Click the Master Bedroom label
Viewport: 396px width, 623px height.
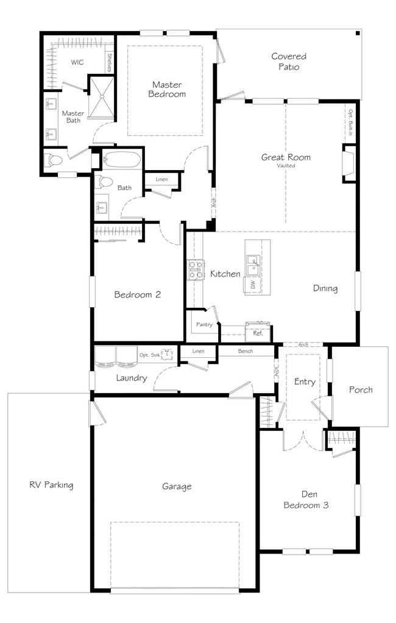167,90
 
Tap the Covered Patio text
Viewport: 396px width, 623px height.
289,62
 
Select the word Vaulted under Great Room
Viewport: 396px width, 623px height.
286,166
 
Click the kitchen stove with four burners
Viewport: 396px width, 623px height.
196,269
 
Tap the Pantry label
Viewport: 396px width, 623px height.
204,325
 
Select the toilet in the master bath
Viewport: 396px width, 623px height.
53,160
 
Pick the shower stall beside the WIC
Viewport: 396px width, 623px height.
101,97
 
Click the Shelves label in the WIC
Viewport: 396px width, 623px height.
110,63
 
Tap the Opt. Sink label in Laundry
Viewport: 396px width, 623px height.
149,355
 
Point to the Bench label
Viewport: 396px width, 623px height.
246,351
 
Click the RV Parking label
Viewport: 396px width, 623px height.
51,485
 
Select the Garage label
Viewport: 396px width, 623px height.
177,486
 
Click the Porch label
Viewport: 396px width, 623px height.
361,390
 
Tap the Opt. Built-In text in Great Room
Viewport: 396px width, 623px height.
351,123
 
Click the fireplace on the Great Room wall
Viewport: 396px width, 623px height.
348,164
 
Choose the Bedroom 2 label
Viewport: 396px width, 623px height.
138,295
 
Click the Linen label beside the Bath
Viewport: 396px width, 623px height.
161,180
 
